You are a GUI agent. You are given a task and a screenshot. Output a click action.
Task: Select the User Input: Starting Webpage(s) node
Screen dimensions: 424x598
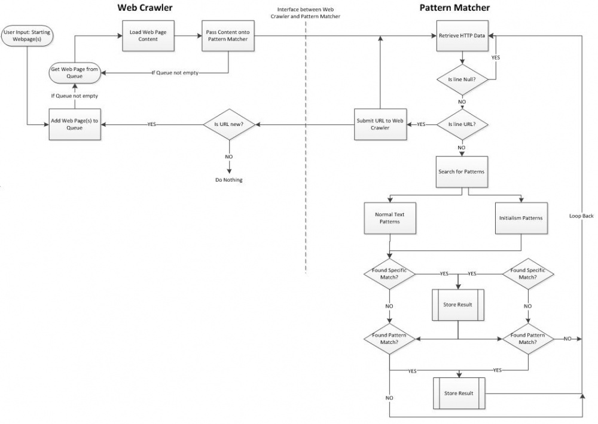click(x=26, y=36)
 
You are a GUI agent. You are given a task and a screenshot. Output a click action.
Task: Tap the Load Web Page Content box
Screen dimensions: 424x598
click(x=143, y=36)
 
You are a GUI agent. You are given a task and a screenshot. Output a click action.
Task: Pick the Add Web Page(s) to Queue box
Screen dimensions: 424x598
click(x=75, y=124)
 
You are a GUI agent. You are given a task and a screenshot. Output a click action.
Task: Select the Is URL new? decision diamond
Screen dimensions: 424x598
click(x=228, y=124)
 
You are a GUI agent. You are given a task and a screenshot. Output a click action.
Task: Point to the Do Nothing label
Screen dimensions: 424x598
click(x=228, y=180)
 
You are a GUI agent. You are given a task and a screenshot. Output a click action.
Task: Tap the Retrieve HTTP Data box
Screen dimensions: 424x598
click(x=462, y=36)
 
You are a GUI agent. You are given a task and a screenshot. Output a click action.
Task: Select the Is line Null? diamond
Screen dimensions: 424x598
click(x=462, y=78)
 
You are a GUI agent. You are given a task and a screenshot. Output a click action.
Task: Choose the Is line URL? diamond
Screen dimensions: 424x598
click(x=462, y=124)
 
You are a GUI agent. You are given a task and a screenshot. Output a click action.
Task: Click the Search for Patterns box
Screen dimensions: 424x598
click(x=462, y=172)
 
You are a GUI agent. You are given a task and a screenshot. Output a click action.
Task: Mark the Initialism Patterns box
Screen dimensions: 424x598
click(x=521, y=218)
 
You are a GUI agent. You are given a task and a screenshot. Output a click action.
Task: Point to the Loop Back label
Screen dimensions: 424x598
click(x=581, y=216)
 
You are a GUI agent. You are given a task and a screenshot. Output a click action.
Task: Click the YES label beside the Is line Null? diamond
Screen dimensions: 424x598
click(x=496, y=58)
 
